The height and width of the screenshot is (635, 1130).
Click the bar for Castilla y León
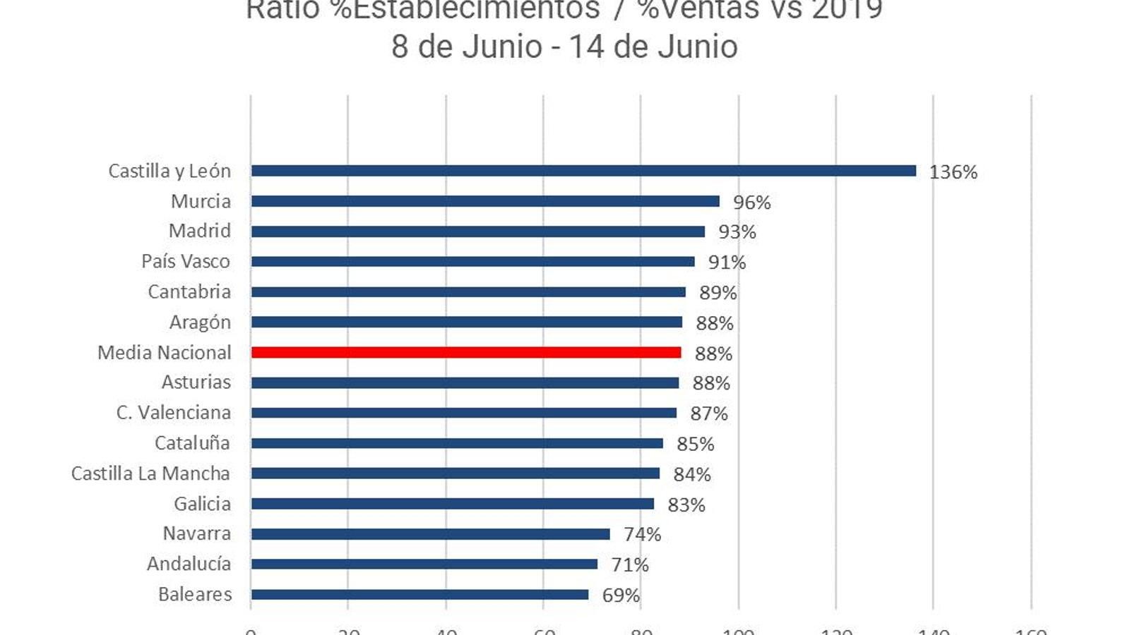pyautogui.click(x=583, y=171)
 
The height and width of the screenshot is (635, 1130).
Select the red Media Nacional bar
pyautogui.click(x=466, y=352)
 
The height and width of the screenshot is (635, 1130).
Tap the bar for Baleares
pyautogui.click(x=420, y=594)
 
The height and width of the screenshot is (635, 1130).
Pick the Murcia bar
pyautogui.click(x=485, y=201)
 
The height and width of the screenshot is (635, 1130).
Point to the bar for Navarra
pyautogui.click(x=430, y=534)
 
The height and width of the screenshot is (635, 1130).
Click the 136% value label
pyautogui.click(x=953, y=172)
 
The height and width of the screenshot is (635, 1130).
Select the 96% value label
pyautogui.click(x=751, y=202)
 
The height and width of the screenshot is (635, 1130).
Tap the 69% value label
pyautogui.click(x=620, y=595)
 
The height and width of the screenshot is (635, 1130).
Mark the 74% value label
pyautogui.click(x=642, y=535)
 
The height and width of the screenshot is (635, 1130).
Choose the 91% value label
pyautogui.click(x=727, y=262)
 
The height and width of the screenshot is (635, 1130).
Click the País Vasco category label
pyautogui.click(x=186, y=261)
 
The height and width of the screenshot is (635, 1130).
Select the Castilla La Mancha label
pyautogui.click(x=150, y=473)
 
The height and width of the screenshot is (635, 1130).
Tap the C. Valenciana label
pyautogui.click(x=174, y=413)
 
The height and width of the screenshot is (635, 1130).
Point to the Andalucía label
pyautogui.click(x=189, y=564)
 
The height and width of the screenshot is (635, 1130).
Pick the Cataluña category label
pyautogui.click(x=192, y=443)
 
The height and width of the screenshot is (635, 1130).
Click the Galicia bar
pyautogui.click(x=452, y=504)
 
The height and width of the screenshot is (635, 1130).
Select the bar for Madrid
pyautogui.click(x=478, y=231)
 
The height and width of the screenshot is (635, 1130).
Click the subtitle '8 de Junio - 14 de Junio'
pyautogui.click(x=564, y=47)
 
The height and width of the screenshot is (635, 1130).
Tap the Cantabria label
pyautogui.click(x=189, y=291)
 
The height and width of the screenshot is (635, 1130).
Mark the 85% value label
pyautogui.click(x=695, y=445)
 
